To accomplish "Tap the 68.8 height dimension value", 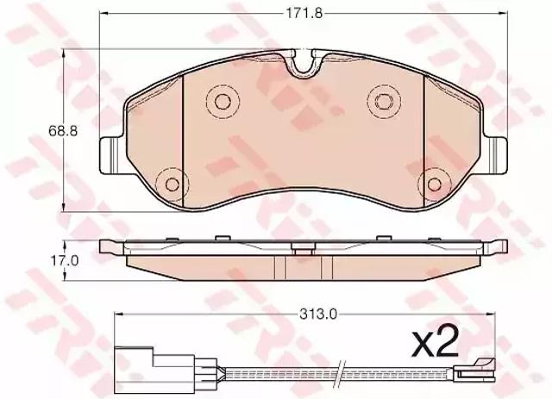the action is [x=63, y=131].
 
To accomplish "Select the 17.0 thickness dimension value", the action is [x=64, y=261].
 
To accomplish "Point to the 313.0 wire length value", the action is [x=318, y=314].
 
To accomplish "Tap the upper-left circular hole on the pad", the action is [x=223, y=102].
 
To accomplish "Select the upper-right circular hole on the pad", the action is [x=383, y=102].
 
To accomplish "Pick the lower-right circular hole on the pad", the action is [x=434, y=184].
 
